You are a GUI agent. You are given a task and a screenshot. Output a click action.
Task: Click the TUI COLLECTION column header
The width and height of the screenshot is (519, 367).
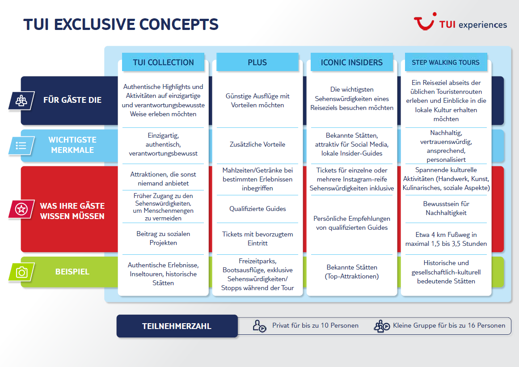tap(163, 62)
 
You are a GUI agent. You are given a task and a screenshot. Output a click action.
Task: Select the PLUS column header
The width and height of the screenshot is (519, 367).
tap(257, 62)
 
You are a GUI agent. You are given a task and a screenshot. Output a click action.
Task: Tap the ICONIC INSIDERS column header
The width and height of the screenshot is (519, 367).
tap(351, 62)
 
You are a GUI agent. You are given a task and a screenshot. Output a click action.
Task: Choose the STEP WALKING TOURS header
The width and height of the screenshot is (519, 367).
tap(446, 62)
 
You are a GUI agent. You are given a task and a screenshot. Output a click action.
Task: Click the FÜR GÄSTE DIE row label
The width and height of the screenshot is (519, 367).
tap(72, 100)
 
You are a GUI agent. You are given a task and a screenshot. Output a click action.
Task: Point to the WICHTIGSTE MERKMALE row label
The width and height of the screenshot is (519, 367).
tap(72, 145)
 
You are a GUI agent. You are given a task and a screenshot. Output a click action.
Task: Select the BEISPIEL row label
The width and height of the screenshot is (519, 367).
tap(72, 272)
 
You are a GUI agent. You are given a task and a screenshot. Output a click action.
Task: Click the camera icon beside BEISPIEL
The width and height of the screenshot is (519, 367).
tap(21, 272)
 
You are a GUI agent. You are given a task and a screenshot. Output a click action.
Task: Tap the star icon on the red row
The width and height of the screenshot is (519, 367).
tap(21, 209)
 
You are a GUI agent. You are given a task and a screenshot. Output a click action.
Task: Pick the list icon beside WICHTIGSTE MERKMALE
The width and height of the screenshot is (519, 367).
tap(21, 145)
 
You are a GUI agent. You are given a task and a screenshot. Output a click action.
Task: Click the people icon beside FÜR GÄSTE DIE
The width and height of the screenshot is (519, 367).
tap(21, 101)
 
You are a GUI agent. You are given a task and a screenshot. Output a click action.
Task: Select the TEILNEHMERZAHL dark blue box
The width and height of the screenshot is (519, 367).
tap(177, 326)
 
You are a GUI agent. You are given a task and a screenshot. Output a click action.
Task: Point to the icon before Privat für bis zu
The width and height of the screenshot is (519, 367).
tap(259, 326)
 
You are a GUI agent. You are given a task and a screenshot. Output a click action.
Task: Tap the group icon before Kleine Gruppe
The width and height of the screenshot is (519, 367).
tap(382, 326)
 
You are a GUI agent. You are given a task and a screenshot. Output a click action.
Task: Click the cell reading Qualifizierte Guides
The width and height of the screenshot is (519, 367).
tap(257, 209)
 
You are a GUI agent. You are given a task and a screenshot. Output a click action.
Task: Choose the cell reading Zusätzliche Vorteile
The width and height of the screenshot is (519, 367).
tap(257, 144)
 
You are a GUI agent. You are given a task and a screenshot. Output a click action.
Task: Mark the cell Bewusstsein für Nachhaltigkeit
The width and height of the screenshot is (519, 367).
tap(446, 208)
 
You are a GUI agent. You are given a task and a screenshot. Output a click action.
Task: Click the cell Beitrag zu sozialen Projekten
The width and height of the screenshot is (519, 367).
tap(163, 238)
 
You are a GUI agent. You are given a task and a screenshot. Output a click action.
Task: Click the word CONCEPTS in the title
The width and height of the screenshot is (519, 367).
tap(179, 25)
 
